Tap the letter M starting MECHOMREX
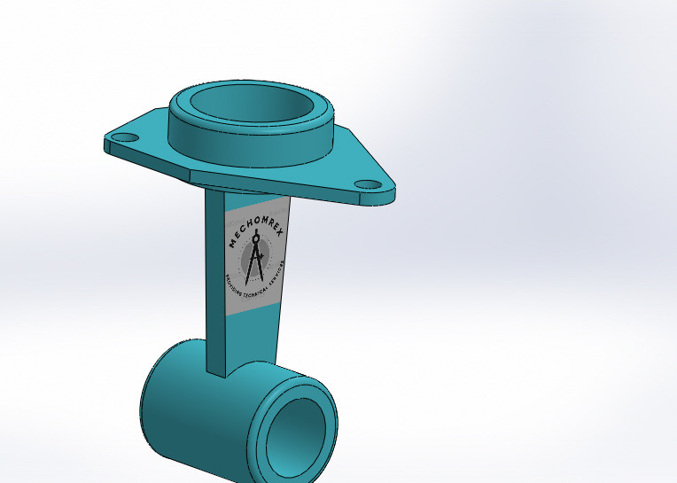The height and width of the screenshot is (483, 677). click(x=232, y=249)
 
